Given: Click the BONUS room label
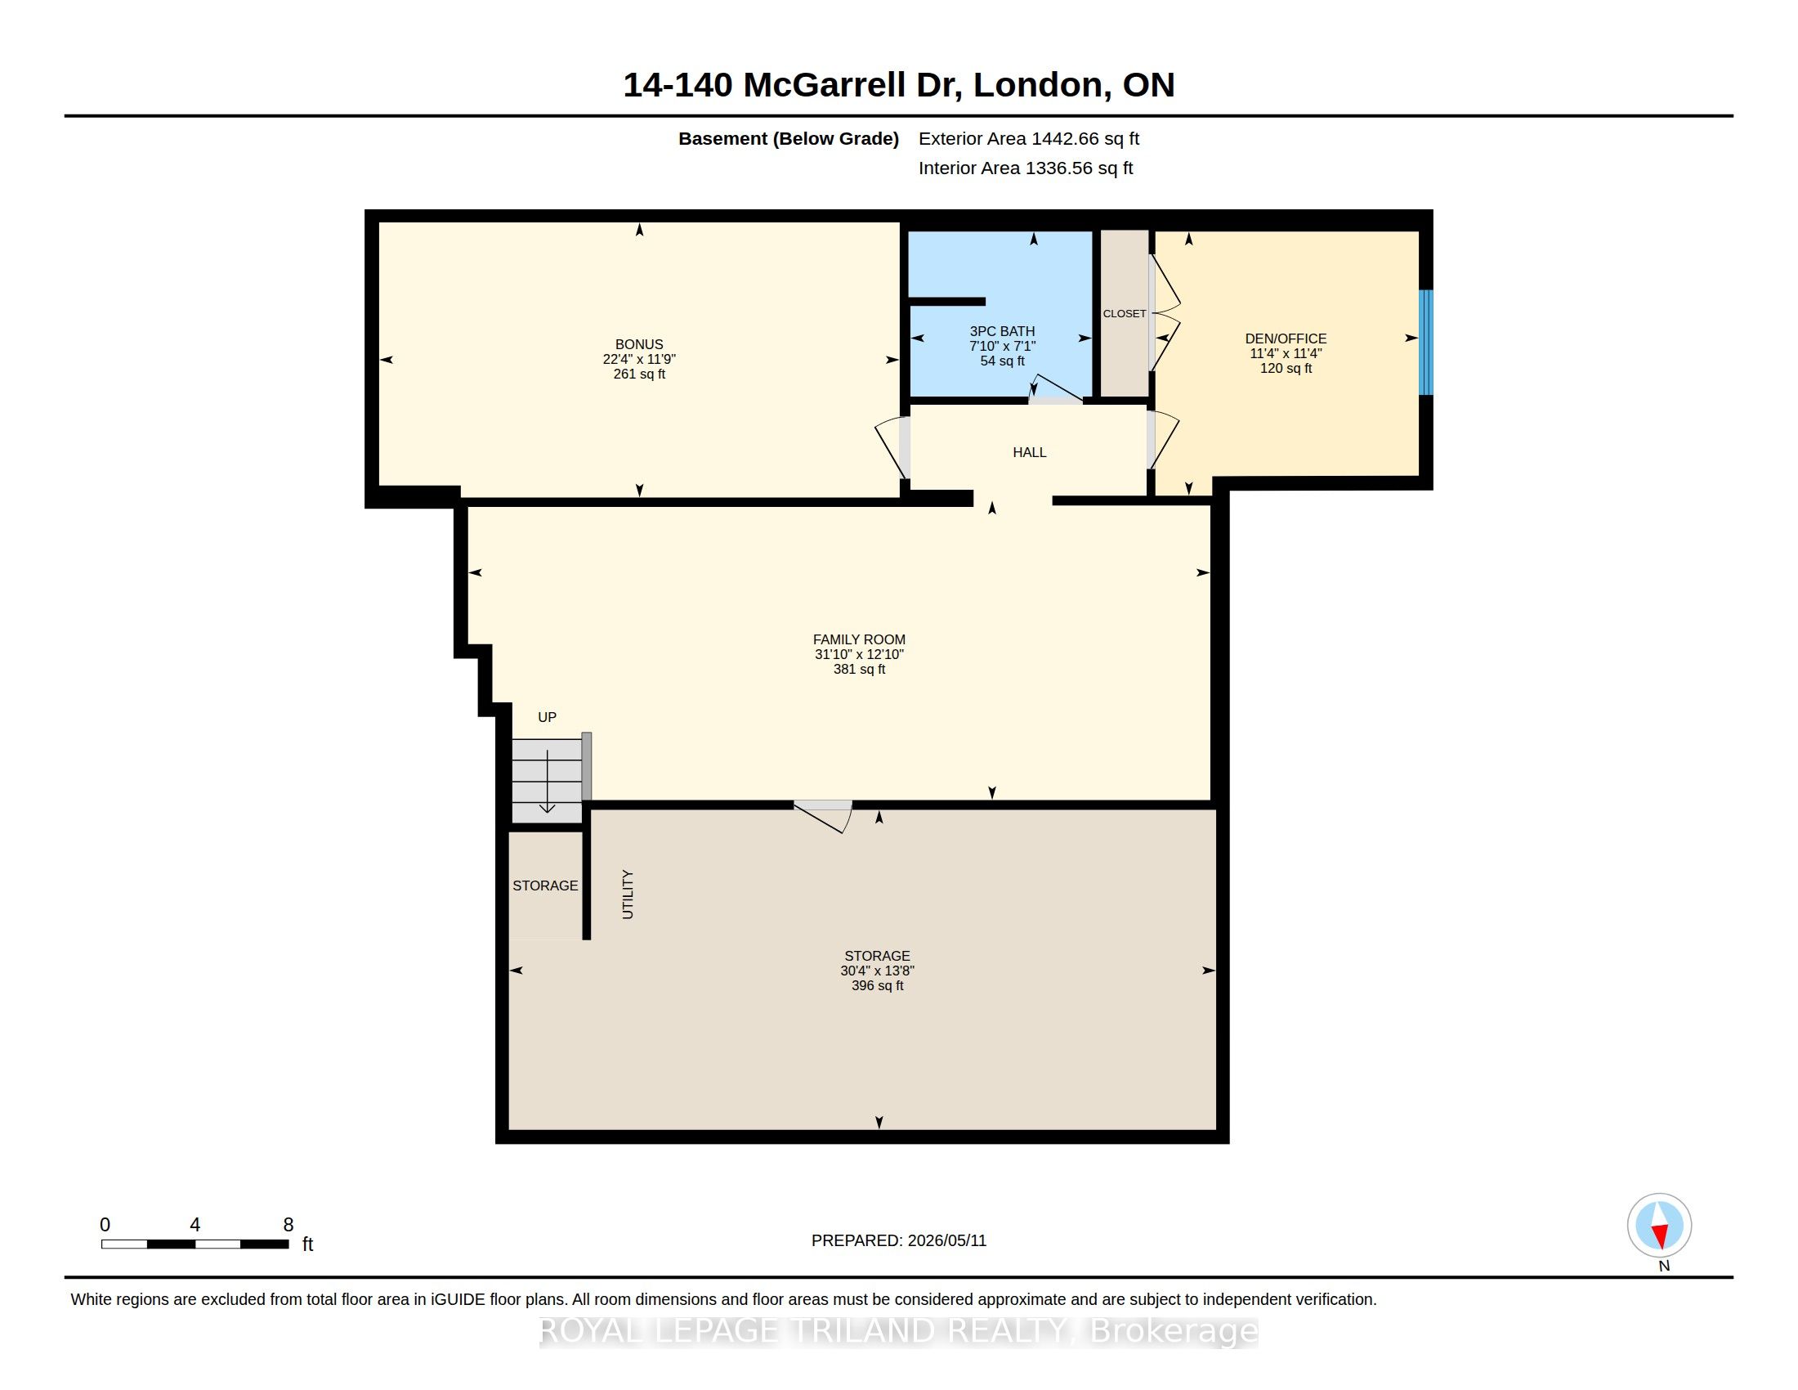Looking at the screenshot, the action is point(639,344).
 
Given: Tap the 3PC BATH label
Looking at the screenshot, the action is point(1002,331).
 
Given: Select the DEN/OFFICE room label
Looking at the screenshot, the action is point(1286,339).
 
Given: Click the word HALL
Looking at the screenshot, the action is point(1029,452).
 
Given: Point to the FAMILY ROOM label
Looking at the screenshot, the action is point(859,640).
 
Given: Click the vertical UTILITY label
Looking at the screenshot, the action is point(628,895).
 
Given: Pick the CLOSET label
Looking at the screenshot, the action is point(1125,314).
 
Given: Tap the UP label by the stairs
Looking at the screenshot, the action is point(547,717).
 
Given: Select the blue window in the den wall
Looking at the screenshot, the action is point(1427,343).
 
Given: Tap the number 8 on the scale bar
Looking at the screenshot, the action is point(288,1225).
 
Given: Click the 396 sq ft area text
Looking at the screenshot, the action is point(877,986).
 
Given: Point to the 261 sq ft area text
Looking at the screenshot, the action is point(639,374).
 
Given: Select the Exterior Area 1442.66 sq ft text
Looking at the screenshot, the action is point(1028,138).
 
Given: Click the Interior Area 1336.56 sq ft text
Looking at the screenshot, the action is point(1026,168).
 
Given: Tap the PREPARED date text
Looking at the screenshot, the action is point(898,1240).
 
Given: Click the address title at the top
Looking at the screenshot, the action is point(898,85).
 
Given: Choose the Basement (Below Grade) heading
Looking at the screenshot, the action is point(788,138).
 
